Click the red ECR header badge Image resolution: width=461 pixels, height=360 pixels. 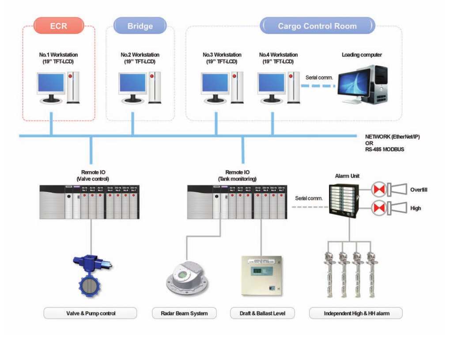[59, 26]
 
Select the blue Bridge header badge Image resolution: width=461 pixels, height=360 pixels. [140, 26]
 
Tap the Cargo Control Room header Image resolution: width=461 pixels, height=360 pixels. [317, 26]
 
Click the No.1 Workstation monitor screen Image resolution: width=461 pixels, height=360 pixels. [51, 83]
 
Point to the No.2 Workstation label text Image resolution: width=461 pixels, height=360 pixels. [140, 55]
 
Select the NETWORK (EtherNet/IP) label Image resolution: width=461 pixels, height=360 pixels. [392, 137]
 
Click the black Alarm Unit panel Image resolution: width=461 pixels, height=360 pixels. [344, 199]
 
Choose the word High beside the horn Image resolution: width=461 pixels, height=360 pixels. [416, 208]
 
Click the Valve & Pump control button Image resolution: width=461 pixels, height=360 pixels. [91, 313]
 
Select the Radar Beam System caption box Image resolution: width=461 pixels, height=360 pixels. [185, 313]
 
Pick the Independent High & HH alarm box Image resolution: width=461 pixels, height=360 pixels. [356, 313]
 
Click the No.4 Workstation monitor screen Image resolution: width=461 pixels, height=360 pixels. [271, 83]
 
